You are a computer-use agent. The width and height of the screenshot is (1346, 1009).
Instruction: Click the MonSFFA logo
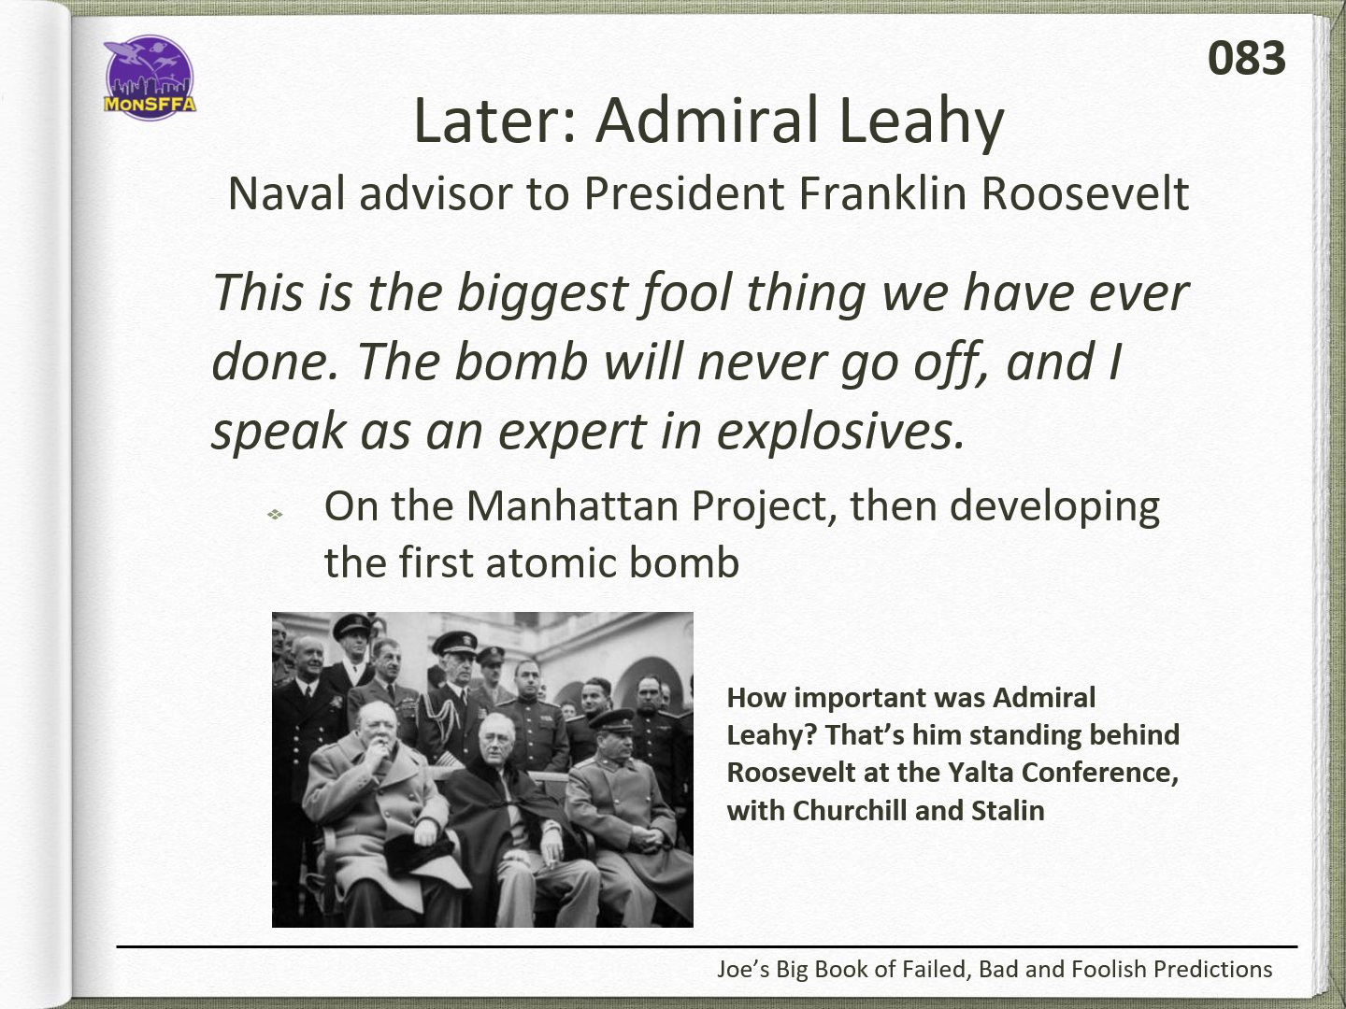(150, 78)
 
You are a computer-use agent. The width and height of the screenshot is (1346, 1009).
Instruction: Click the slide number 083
(1246, 58)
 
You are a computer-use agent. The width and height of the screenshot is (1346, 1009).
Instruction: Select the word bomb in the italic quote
(522, 362)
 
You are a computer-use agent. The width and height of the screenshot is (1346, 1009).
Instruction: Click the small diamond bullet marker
(276, 514)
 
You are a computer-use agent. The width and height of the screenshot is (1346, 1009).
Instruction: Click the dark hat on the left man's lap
(419, 851)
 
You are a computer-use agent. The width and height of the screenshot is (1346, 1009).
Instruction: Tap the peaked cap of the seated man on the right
(611, 717)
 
